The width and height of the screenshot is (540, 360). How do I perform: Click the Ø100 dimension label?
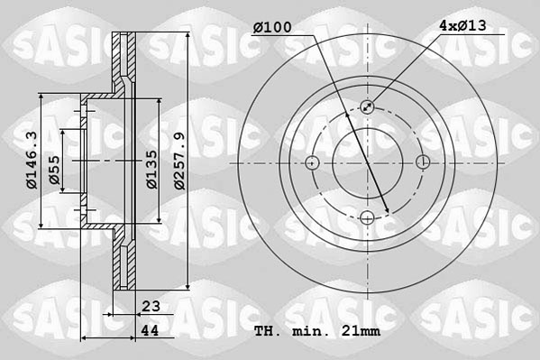pos(272,27)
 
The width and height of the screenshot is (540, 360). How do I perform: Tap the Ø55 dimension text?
pos(55,170)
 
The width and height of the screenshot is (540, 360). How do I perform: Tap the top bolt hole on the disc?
pos(367,107)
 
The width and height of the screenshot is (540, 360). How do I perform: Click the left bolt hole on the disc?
pos(312,162)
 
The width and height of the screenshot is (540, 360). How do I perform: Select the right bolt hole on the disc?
pos(423,162)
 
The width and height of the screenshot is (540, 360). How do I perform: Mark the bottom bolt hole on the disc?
pos(367,217)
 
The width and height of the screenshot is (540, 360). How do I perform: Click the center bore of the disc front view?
pos(367,162)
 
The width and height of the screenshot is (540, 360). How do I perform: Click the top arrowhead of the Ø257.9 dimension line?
pos(187,37)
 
